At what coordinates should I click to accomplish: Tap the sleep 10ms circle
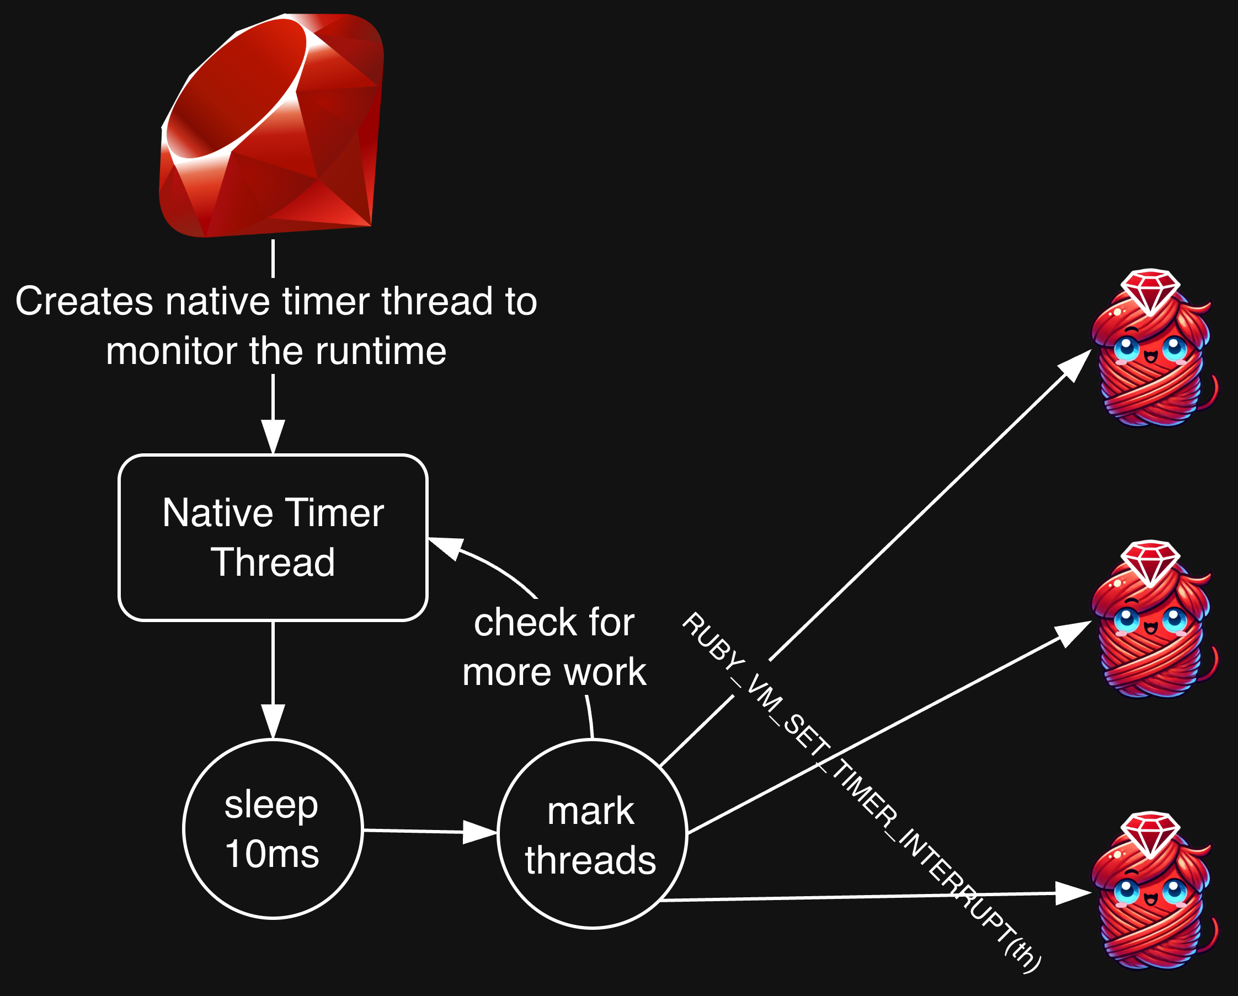click(x=273, y=828)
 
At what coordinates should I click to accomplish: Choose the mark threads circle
click(x=591, y=834)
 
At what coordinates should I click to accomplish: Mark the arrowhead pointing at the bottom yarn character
click(x=1072, y=893)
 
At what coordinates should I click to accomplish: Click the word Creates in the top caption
click(x=84, y=301)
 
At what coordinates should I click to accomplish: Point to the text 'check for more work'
click(x=554, y=647)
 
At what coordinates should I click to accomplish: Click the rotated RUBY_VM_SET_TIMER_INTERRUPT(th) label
click(x=861, y=792)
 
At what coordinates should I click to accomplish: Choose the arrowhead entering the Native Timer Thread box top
click(x=273, y=436)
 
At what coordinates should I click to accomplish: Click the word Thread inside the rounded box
click(x=273, y=562)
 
